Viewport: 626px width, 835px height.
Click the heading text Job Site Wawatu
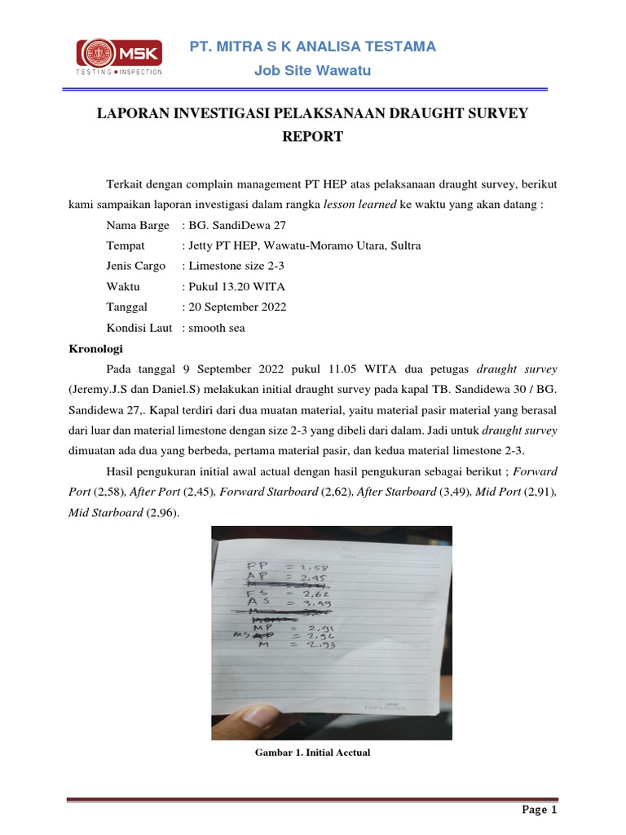pos(312,71)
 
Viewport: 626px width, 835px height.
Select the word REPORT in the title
pos(312,137)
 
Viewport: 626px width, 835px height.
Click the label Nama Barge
pos(138,225)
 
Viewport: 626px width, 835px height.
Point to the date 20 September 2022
pos(237,307)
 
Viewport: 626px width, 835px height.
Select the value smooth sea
pos(216,327)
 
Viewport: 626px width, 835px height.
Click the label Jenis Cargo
pos(135,266)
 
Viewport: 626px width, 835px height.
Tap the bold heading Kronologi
pos(94,348)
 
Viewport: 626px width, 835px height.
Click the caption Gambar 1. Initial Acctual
pos(312,753)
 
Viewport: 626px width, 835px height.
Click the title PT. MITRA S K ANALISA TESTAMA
pos(312,46)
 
